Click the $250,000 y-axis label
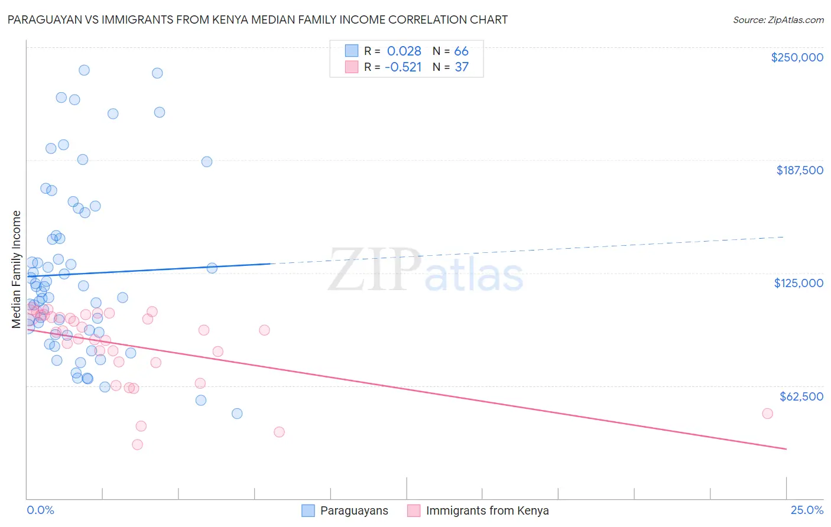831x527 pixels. pos(797,57)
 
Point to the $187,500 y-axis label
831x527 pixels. pos(799,170)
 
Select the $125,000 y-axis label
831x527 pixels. pos(798,283)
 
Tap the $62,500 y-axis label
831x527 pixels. pos(801,396)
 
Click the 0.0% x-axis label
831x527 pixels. pos(40,510)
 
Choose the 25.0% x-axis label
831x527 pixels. pos(807,510)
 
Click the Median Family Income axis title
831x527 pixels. pos(17,269)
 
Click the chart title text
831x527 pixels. pos(258,19)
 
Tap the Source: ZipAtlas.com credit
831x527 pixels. pos(778,20)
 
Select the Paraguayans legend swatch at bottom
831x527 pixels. pos(308,510)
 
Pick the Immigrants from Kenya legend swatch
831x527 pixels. pos(414,510)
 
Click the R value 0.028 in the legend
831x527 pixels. pos(404,51)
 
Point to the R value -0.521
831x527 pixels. pos(403,67)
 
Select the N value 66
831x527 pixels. pos(461,51)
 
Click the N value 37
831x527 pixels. pos(461,67)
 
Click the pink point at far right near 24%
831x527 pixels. pos(767,414)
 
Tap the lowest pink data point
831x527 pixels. pos(137,444)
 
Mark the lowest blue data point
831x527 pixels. pos(237,414)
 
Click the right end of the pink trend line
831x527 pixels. pos(786,449)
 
